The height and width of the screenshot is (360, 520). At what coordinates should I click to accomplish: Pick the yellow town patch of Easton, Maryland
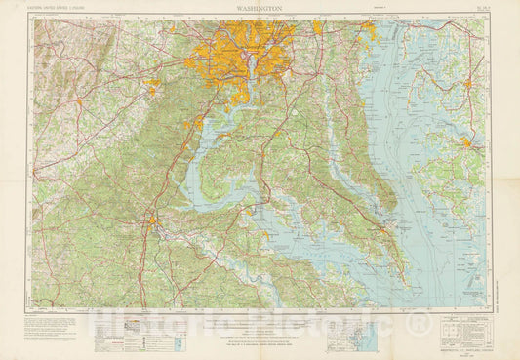coord(469,84)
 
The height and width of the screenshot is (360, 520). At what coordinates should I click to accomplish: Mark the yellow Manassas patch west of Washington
coord(152,90)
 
